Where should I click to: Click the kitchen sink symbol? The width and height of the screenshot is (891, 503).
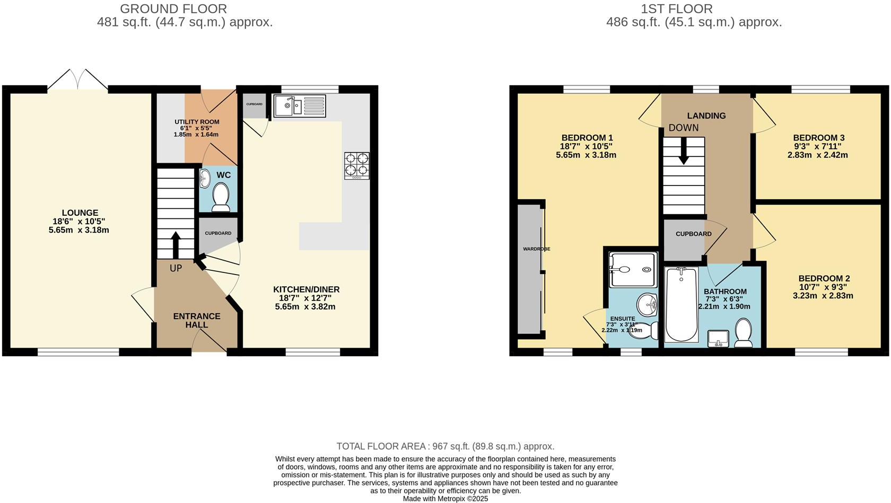(x=299, y=105)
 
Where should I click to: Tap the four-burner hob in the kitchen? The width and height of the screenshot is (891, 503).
(x=356, y=165)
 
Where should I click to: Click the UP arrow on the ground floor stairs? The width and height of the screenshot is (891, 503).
(x=176, y=244)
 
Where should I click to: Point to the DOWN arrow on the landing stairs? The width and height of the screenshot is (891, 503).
(x=684, y=151)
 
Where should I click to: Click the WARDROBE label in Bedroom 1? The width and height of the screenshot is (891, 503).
(x=536, y=249)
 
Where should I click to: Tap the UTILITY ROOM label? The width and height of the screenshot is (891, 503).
(x=197, y=122)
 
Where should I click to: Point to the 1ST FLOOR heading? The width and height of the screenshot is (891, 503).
(x=677, y=8)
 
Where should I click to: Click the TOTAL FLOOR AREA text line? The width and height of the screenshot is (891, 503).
(x=445, y=446)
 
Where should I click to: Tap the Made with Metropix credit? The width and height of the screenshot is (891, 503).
(x=445, y=499)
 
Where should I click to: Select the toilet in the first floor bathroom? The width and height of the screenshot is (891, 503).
(x=743, y=333)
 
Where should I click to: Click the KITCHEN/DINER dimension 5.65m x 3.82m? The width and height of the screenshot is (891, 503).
(x=305, y=306)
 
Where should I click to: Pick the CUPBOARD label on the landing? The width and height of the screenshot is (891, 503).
(x=693, y=234)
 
